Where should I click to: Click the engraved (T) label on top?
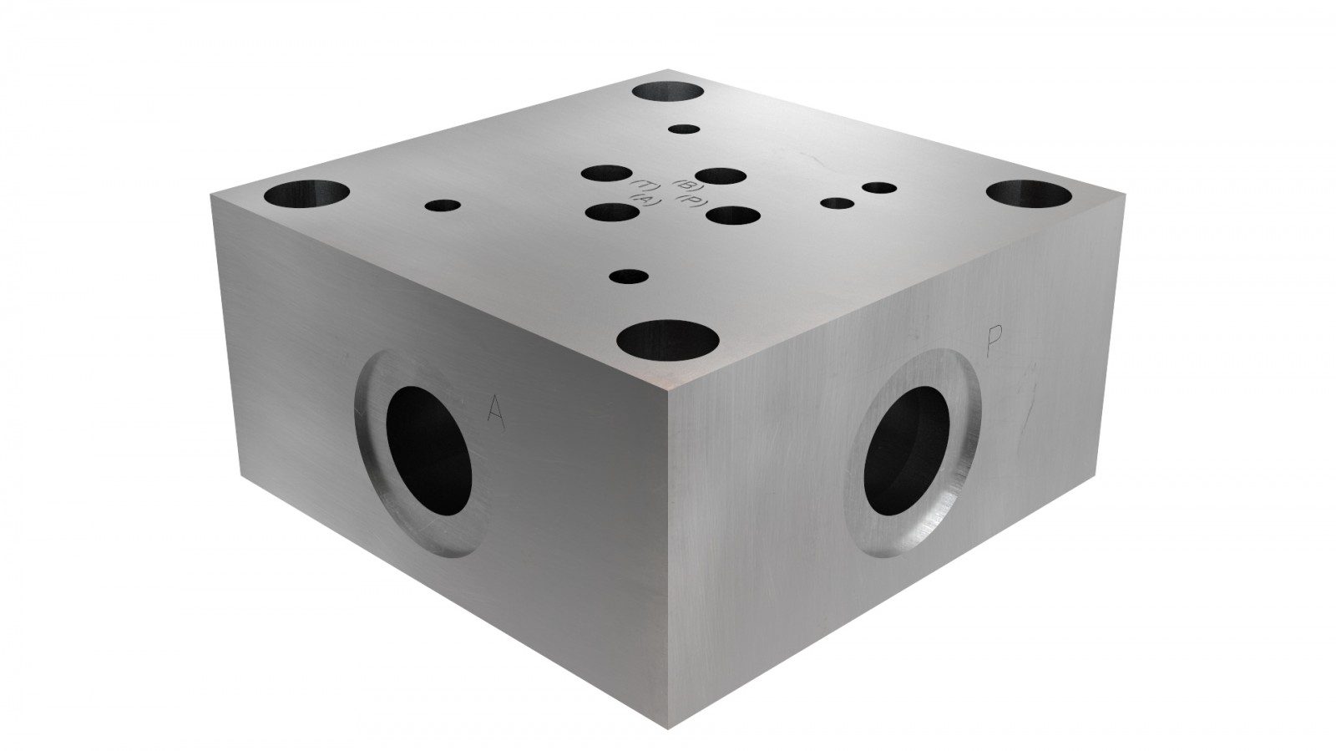pos(645,185)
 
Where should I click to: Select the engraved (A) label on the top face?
pos(646,200)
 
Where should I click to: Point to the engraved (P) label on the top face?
pos(694,200)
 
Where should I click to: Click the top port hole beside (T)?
pos(608,175)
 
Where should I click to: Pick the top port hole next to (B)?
pos(720,176)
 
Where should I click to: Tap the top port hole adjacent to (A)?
pos(613,212)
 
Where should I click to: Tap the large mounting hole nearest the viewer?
pos(668,341)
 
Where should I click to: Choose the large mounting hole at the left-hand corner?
pos(306,197)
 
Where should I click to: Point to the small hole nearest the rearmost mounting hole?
pos(685,129)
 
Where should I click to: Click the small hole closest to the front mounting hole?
pos(630,276)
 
